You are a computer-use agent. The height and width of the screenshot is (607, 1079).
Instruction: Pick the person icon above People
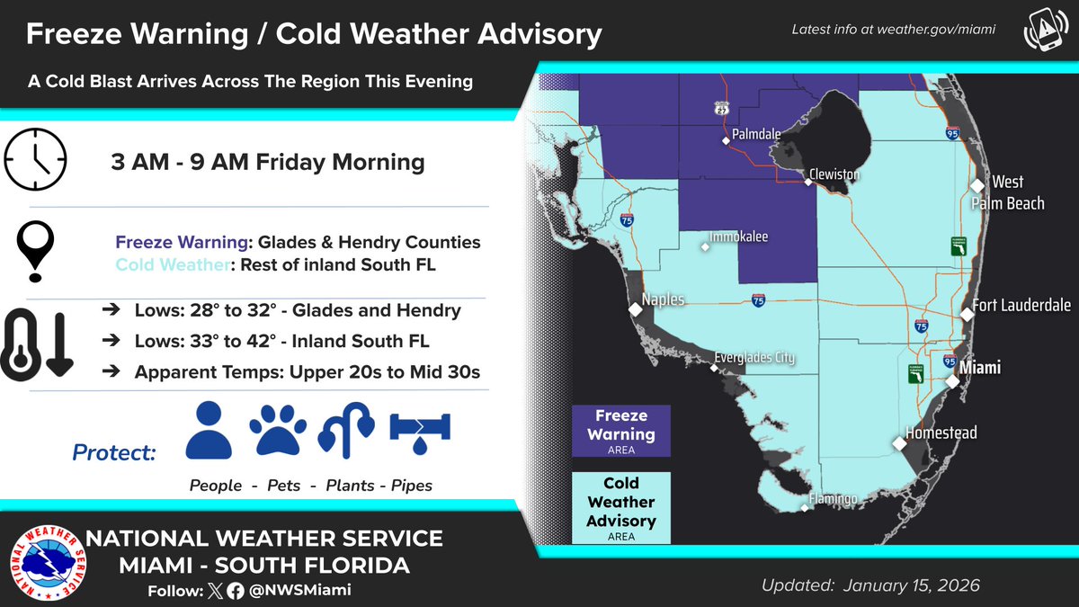[209, 432]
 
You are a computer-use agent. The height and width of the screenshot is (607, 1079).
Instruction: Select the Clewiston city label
[833, 174]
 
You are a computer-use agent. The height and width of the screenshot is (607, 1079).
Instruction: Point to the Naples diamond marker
[636, 309]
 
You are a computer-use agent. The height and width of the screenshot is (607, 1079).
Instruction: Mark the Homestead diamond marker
[899, 443]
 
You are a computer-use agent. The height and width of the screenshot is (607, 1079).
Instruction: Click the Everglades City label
[754, 358]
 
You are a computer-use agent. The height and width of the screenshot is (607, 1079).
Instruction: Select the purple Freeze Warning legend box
[621, 431]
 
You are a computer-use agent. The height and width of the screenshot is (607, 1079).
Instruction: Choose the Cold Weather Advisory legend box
[621, 507]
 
